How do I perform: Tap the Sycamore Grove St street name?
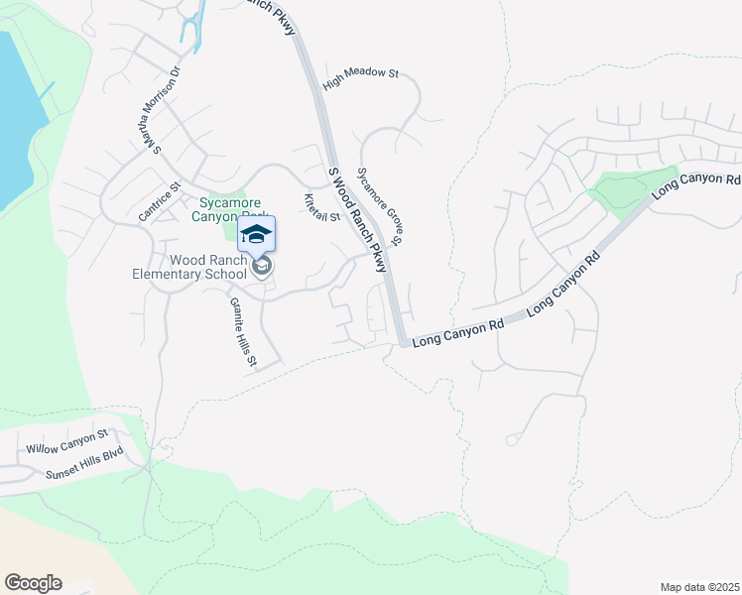click(380, 205)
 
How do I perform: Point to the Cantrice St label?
click(160, 200)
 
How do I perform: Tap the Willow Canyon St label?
click(66, 442)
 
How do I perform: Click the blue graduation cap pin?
click(256, 234)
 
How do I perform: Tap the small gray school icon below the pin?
click(262, 266)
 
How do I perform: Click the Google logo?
click(33, 583)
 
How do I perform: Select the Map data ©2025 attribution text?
click(699, 587)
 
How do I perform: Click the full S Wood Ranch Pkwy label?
click(357, 220)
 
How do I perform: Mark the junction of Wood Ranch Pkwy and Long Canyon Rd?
click(401, 341)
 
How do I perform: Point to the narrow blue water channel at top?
click(192, 21)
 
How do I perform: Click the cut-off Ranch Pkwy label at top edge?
click(272, 15)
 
